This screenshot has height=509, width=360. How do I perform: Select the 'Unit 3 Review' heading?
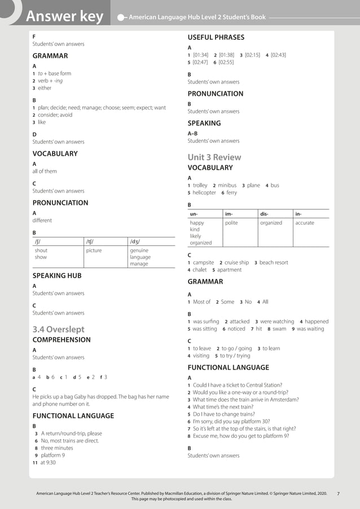[214, 157]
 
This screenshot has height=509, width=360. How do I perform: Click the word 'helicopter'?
[204, 192]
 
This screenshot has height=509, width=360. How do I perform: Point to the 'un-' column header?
[194, 214]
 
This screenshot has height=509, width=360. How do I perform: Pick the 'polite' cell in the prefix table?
[231, 223]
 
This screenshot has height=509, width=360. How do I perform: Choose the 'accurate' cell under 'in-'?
[304, 223]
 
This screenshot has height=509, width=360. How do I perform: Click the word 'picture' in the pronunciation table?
[94, 250]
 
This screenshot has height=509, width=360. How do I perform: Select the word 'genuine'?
[139, 250]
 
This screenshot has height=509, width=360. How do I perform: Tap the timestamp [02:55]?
[226, 62]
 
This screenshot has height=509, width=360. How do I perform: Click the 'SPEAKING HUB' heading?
[57, 275]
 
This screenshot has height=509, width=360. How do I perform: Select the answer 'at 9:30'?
[48, 462]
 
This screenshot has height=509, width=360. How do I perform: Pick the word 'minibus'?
[227, 185]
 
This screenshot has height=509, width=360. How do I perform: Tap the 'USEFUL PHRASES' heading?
[216, 37]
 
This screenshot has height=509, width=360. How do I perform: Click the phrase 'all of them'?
[45, 171]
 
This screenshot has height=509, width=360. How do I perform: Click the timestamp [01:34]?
[200, 55]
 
